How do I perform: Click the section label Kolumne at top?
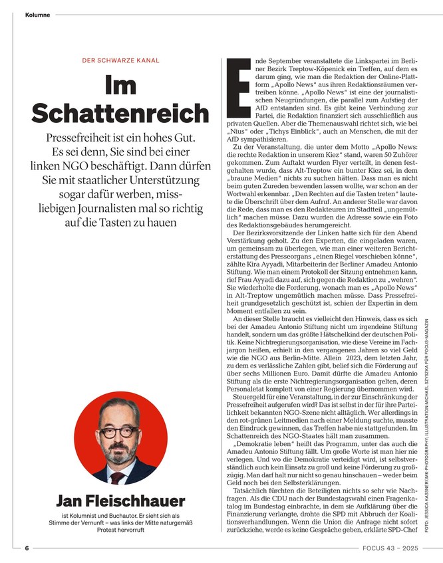tap(37, 15)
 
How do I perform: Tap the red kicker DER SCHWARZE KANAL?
tap(120, 60)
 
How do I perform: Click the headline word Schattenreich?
tap(120, 114)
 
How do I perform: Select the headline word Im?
tap(120, 86)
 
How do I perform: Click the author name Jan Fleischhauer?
tap(120, 500)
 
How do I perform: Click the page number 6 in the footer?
tap(27, 548)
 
